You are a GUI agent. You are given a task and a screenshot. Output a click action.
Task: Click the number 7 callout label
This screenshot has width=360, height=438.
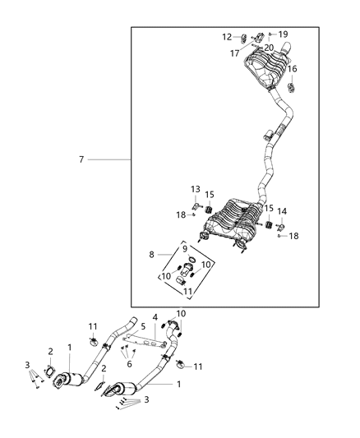tap(81, 159)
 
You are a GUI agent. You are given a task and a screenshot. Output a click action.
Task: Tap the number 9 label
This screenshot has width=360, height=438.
tap(185, 248)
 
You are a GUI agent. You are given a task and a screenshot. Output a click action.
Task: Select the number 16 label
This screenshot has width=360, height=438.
tap(292, 69)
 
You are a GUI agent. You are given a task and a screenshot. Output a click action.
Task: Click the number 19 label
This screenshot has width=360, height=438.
tap(284, 35)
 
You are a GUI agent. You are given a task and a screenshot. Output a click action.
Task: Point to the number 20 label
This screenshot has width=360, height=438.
tap(269, 48)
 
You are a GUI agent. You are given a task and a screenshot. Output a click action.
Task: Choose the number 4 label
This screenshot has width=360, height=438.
tap(155, 316)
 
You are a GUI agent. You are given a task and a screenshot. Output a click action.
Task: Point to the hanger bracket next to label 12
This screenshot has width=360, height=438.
tap(245, 37)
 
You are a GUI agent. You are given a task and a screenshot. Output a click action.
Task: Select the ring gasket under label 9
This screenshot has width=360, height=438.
tap(189, 265)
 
